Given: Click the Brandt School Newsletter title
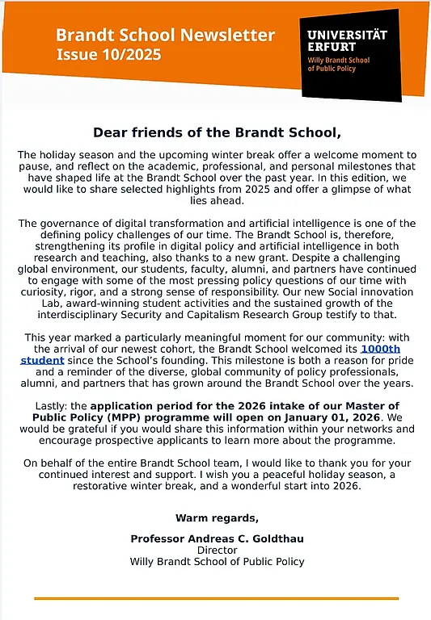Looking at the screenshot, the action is click(x=165, y=36).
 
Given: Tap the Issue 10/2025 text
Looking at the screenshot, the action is click(x=108, y=55).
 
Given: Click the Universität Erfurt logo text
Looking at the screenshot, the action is click(x=347, y=40).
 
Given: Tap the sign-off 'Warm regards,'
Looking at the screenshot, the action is click(x=216, y=517).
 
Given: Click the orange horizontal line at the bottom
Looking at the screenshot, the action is click(x=216, y=598).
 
